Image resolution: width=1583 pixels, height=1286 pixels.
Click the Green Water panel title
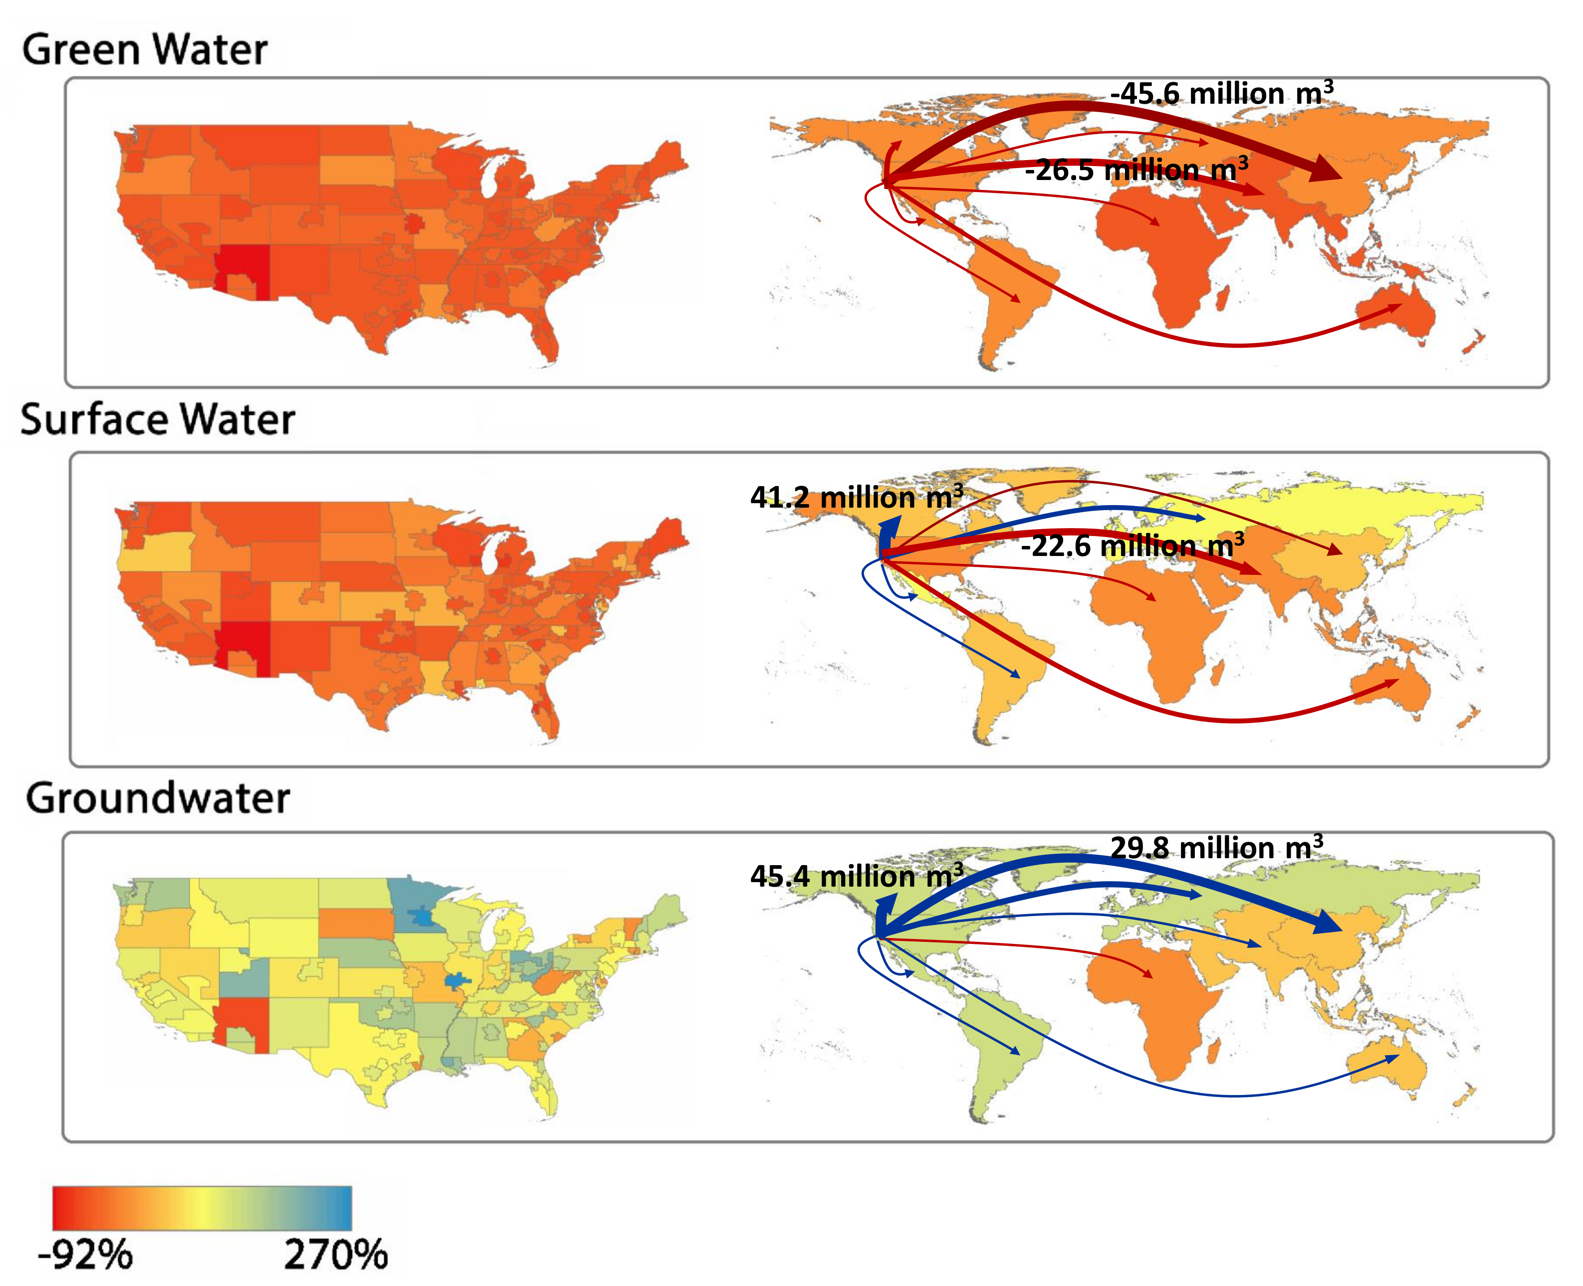click(145, 50)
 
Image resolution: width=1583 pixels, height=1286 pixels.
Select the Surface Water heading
click(157, 419)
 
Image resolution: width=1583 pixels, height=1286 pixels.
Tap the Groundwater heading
click(157, 798)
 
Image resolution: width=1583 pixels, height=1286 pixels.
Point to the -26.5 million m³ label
click(1136, 170)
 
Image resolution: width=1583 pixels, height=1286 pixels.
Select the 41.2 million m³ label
click(857, 496)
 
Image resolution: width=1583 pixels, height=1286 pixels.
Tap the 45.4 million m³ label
click(857, 876)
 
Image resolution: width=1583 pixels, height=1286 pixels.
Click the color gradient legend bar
click(202, 1208)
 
